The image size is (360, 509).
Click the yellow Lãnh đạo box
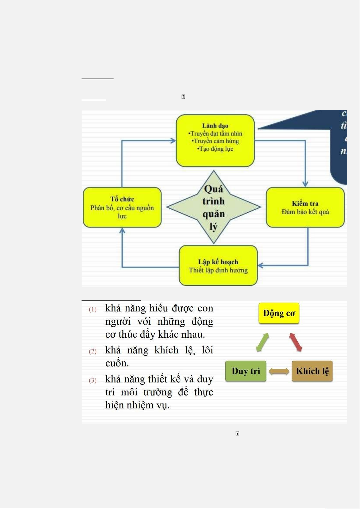[x=215, y=140]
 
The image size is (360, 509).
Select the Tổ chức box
[x=122, y=207]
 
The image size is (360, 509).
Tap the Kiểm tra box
[x=305, y=207]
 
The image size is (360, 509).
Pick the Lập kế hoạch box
[x=218, y=266]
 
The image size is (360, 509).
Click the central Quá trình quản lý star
[x=214, y=207]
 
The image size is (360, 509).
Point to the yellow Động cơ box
[x=279, y=313]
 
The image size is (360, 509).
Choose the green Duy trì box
[x=246, y=371]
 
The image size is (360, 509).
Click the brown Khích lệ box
[x=312, y=371]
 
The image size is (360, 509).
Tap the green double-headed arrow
[x=262, y=342]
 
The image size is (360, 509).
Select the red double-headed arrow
[x=296, y=342]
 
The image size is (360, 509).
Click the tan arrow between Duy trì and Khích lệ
[x=279, y=371]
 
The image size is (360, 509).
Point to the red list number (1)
[x=93, y=309]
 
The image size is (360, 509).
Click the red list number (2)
[x=93, y=351]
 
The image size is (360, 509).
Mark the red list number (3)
[x=93, y=380]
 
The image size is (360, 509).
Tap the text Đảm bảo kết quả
[x=305, y=212]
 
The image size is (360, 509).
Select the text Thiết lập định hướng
[x=218, y=270]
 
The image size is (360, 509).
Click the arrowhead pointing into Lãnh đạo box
[x=173, y=140]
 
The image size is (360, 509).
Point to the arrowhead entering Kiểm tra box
[x=305, y=184]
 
